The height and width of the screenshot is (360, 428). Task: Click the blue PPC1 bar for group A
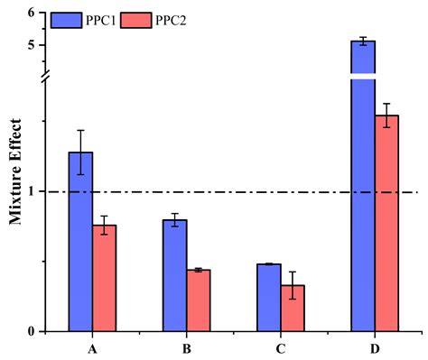click(80, 241)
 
